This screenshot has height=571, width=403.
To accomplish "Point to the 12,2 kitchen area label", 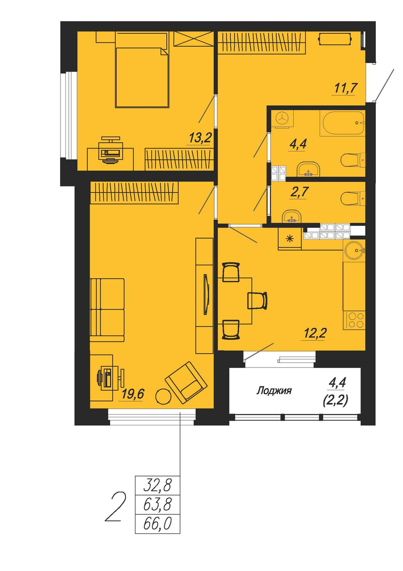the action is pos(315,333).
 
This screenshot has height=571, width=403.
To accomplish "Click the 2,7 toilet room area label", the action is pos(298,192).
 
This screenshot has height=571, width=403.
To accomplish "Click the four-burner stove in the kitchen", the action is pos(354,320).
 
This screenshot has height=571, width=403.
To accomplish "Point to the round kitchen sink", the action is pos(354,250).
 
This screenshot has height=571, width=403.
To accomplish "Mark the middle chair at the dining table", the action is pos(257,301).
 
